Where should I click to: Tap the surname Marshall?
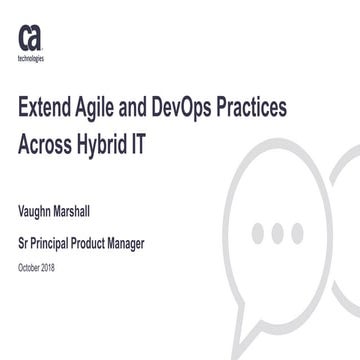pyautogui.click(x=94, y=212)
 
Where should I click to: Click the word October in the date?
pyautogui.click(x=31, y=267)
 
